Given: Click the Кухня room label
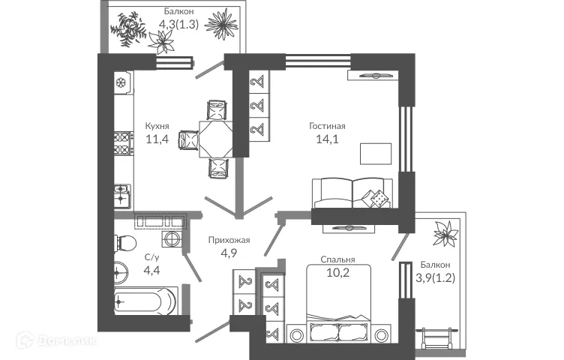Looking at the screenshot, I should tap(157, 127).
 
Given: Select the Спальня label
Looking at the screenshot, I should tap(337, 259).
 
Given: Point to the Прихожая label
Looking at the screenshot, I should tap(229, 240).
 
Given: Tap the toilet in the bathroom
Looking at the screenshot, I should tap(124, 243).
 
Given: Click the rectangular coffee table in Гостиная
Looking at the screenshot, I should tap(376, 153).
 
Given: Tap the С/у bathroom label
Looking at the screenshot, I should tap(151, 257).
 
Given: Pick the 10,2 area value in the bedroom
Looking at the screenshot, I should tap(338, 272).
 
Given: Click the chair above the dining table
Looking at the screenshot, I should tap(215, 110).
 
